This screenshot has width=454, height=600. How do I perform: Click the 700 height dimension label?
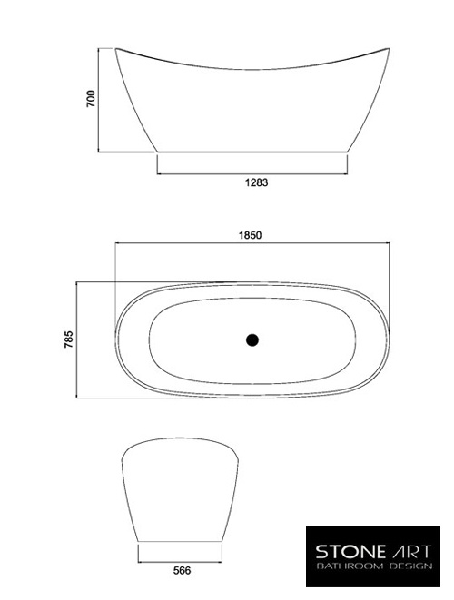point(91,99)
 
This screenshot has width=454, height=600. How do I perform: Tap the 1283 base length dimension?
point(253,182)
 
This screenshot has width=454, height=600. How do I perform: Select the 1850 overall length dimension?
point(251,234)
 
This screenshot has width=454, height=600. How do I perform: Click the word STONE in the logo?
point(343,550)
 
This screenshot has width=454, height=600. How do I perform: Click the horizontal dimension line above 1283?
point(252,173)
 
